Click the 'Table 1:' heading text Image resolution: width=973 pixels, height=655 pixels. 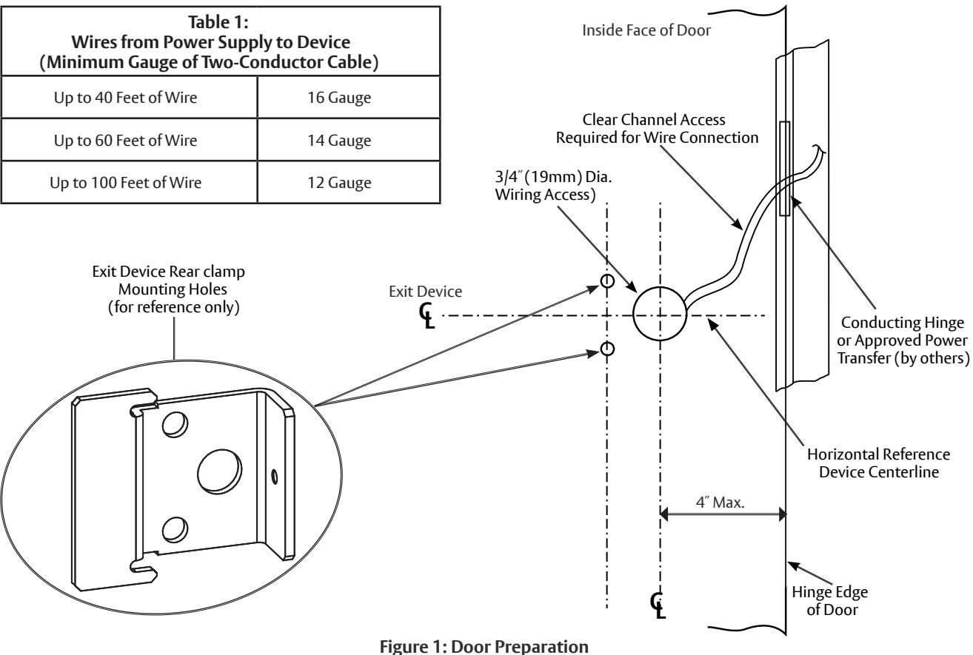(218, 22)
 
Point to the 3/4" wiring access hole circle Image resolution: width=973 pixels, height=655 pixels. (633, 313)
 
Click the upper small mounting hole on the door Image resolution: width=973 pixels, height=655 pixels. (607, 281)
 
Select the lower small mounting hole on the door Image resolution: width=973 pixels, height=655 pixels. (607, 349)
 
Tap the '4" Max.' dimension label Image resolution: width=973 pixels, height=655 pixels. (720, 503)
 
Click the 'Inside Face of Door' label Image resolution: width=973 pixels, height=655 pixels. (646, 30)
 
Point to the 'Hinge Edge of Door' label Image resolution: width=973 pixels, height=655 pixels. (830, 601)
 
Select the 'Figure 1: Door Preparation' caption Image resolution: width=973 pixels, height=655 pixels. (484, 646)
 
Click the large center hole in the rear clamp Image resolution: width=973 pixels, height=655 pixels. (219, 471)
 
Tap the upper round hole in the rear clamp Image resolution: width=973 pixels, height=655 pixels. (175, 424)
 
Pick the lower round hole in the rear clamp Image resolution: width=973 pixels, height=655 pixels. (175, 530)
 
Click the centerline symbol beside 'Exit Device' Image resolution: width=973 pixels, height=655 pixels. (427, 315)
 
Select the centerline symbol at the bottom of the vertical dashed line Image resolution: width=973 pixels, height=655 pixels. (658, 605)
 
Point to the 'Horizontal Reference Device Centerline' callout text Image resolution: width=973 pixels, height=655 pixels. (879, 463)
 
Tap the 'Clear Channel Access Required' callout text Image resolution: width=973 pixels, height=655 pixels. (658, 129)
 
